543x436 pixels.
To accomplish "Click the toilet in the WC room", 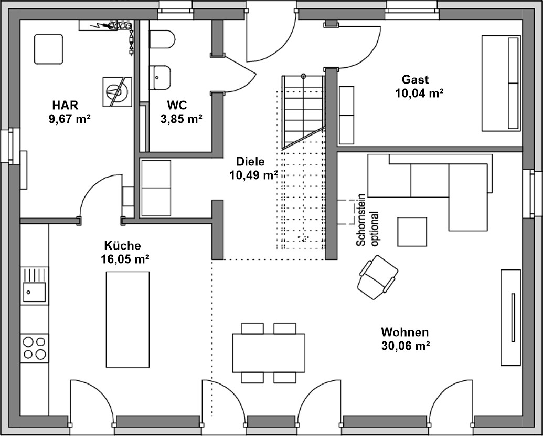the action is [x=162, y=39].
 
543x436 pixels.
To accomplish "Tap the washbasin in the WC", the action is [x=159, y=77].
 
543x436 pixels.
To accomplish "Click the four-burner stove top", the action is [x=34, y=348].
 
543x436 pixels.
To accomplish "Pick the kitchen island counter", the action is [x=128, y=319].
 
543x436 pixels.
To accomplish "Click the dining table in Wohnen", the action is [x=269, y=353].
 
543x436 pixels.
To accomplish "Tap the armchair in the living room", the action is [x=377, y=277].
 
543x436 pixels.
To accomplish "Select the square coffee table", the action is [x=412, y=232].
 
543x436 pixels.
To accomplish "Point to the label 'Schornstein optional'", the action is [x=367, y=220].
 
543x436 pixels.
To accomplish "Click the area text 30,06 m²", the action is [x=406, y=346].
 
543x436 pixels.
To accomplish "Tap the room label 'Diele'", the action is [x=250, y=162].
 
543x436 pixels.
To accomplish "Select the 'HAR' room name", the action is [x=65, y=105].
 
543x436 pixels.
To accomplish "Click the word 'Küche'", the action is [x=123, y=245].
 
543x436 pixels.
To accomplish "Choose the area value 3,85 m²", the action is [x=182, y=119].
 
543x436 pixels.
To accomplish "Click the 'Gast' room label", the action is [x=415, y=79].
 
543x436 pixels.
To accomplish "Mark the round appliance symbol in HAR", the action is [x=118, y=92].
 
